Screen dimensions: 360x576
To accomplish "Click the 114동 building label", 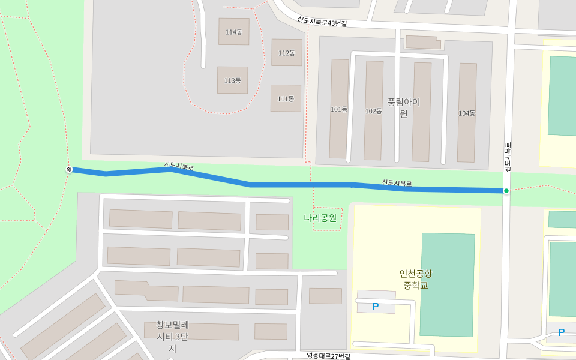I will [x=233, y=32].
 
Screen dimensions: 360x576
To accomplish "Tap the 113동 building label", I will [x=232, y=80].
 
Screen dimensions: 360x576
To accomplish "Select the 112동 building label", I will [x=287, y=53].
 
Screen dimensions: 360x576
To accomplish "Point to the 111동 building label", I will [x=286, y=98].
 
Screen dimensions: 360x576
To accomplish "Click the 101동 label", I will [x=339, y=109].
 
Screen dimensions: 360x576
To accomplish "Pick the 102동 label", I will [x=373, y=111].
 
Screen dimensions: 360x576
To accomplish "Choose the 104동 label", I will [x=467, y=113].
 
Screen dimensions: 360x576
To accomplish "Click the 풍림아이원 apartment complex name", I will [x=404, y=107].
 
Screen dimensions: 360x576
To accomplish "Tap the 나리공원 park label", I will [x=320, y=218].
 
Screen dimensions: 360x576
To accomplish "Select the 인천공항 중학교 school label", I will [x=416, y=279].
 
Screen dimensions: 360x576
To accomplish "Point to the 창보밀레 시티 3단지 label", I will [x=172, y=336].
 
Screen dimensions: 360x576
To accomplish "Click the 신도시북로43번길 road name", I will [x=322, y=21].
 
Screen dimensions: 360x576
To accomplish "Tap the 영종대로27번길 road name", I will [x=328, y=355].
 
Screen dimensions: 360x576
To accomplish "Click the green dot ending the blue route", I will [x=506, y=191].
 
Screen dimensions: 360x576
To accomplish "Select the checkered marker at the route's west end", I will [x=69, y=170].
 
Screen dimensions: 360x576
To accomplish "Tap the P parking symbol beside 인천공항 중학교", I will [x=376, y=307].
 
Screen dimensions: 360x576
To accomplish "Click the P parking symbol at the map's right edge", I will [x=562, y=332].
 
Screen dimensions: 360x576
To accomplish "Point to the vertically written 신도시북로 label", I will [x=508, y=157].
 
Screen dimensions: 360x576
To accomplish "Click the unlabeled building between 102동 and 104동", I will [x=421, y=112].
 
